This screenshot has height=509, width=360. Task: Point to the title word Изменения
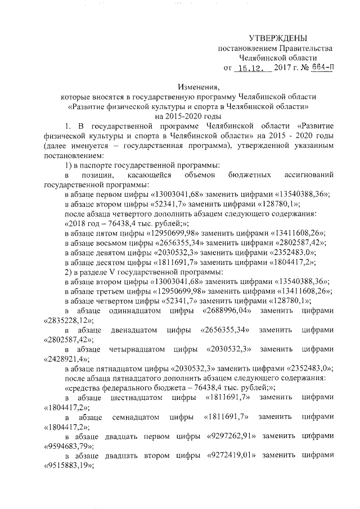(197, 87)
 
